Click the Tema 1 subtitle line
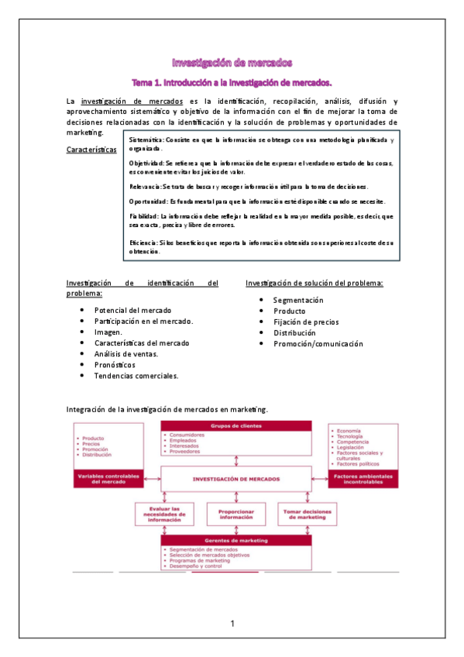[232, 81]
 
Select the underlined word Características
[92, 149]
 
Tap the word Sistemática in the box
[145, 139]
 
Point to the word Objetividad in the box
[146, 163]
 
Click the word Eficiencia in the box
[143, 243]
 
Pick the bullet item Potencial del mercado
[132, 310]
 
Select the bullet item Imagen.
[108, 332]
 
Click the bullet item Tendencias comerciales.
[136, 375]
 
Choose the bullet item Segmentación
[298, 300]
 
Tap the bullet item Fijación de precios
[305, 322]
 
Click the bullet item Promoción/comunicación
[318, 343]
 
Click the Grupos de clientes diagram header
[235, 425]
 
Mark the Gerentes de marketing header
[235, 540]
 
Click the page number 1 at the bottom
[232, 624]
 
